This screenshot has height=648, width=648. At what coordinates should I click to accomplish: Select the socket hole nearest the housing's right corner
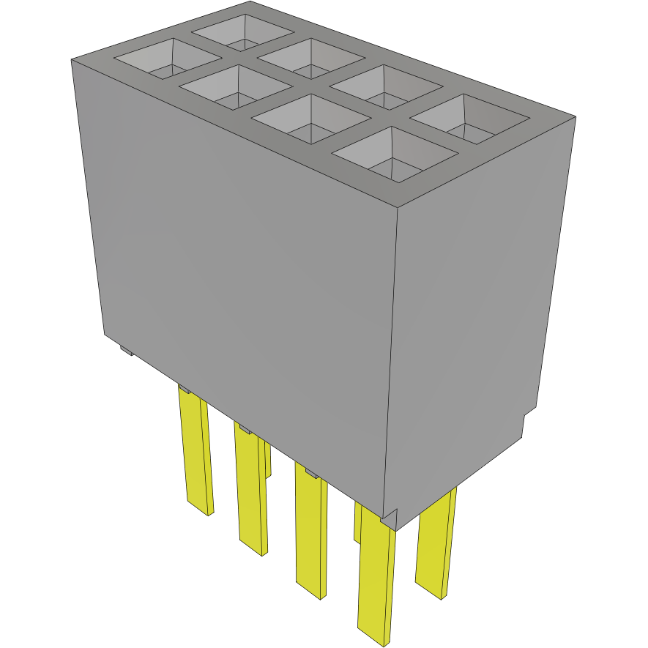click(x=472, y=119)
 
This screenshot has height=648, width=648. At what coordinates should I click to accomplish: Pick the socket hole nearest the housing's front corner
click(x=393, y=154)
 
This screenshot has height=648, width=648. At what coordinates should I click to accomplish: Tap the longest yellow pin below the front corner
click(x=376, y=578)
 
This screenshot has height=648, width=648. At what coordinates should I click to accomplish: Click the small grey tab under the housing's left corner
click(x=127, y=351)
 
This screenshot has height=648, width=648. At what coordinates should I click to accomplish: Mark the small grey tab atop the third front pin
click(x=311, y=473)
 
